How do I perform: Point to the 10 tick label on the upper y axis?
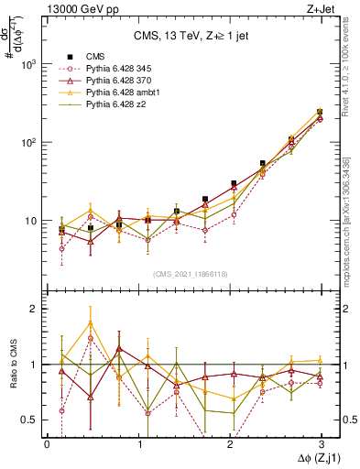28,221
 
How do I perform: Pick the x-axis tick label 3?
321,442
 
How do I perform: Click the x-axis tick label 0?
47,442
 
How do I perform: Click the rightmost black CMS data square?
320,112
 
